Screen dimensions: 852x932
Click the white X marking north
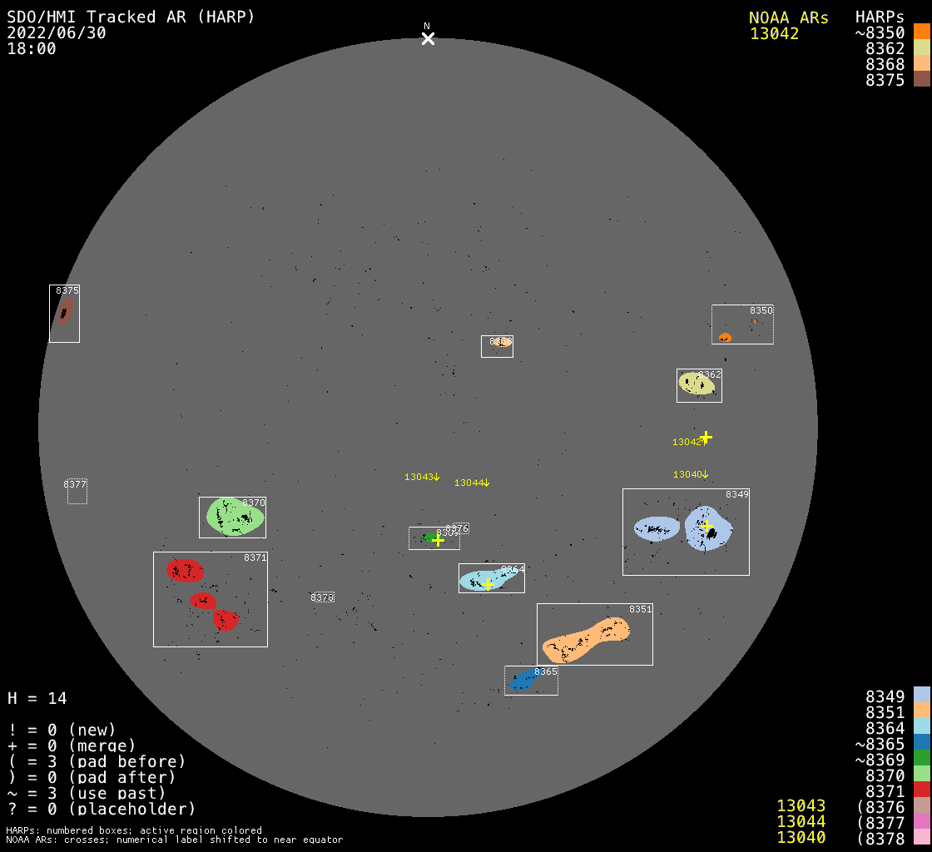click(428, 38)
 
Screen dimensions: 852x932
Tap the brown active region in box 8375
click(63, 313)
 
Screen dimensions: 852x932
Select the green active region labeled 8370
click(235, 516)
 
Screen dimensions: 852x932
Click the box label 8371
click(255, 557)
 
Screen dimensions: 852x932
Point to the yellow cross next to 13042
click(706, 437)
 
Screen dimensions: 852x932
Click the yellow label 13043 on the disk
click(419, 477)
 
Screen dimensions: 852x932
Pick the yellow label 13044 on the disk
click(468, 483)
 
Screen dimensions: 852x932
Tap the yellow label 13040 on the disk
click(687, 474)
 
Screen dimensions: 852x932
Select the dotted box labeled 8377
click(77, 491)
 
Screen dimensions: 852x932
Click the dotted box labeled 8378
click(323, 597)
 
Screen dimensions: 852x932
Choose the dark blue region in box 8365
click(524, 679)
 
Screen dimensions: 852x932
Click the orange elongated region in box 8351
click(586, 638)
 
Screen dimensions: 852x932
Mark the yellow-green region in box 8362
click(697, 383)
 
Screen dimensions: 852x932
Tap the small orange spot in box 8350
click(725, 337)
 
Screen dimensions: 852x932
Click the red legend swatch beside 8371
click(921, 790)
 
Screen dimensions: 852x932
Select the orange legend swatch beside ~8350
click(921, 32)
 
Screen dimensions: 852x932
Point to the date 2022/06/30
click(57, 32)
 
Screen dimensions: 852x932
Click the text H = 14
click(37, 698)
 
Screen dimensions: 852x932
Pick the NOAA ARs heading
click(788, 17)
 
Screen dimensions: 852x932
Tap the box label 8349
click(736, 494)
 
